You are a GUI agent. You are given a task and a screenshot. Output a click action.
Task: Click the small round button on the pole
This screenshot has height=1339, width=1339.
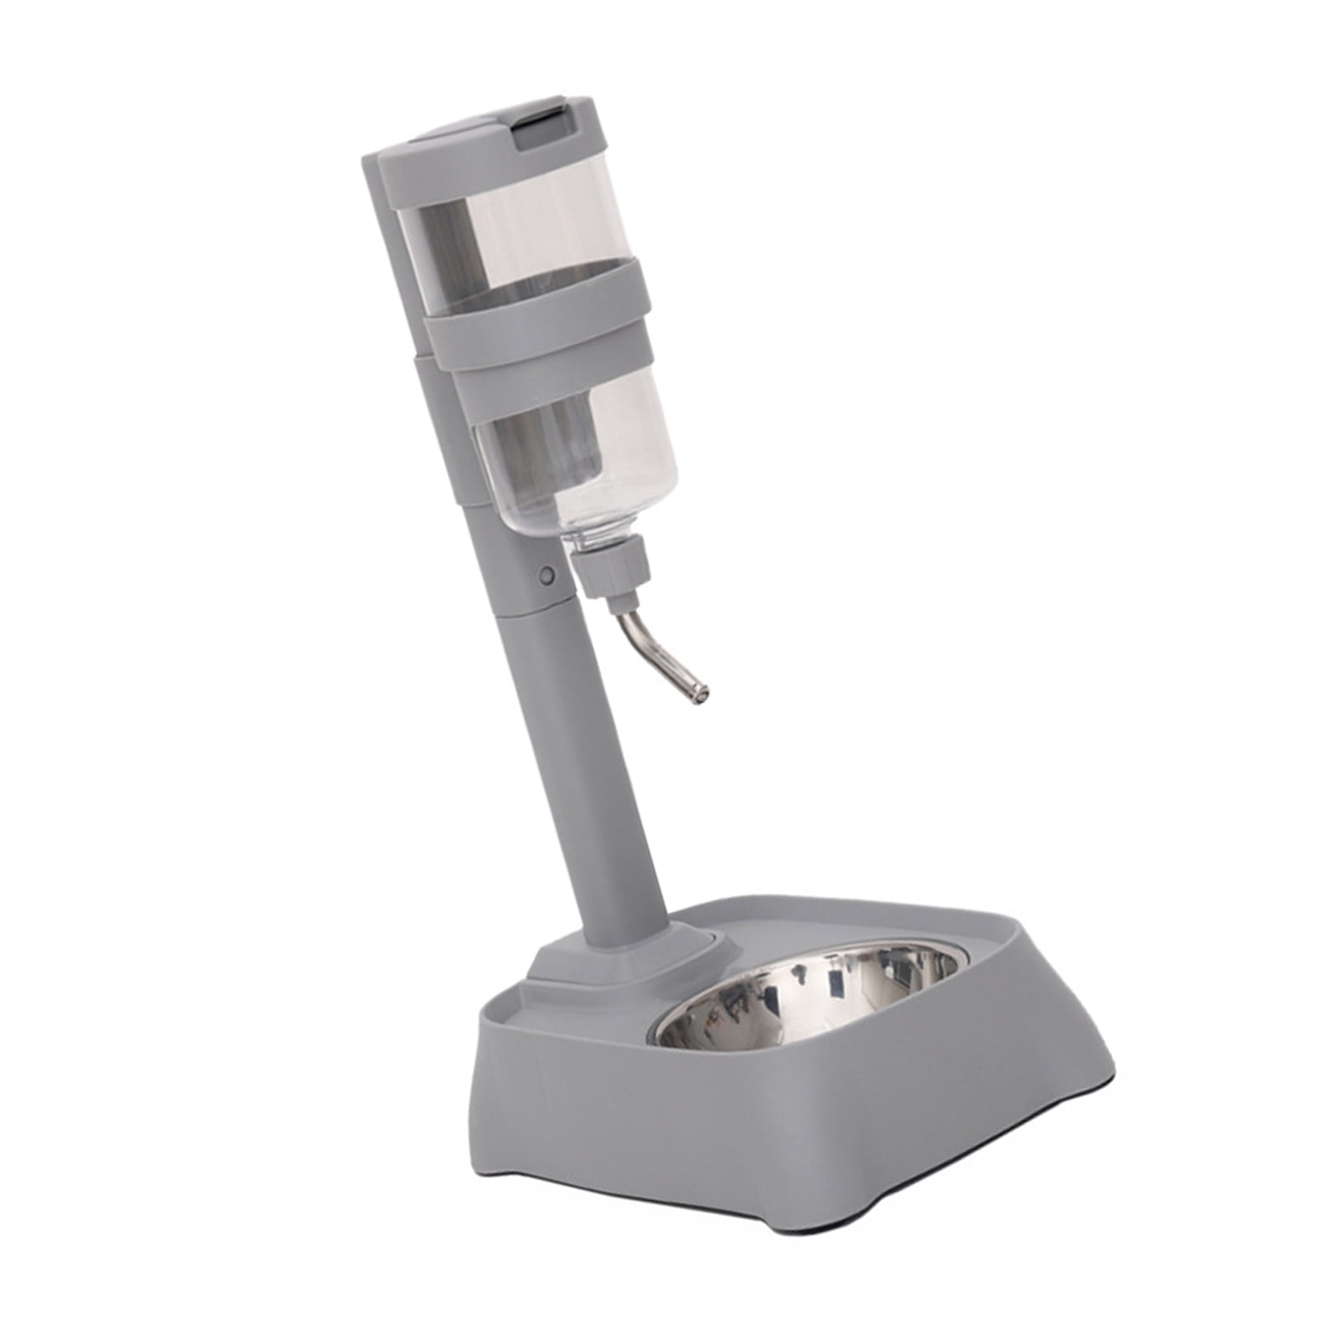pos(547,575)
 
